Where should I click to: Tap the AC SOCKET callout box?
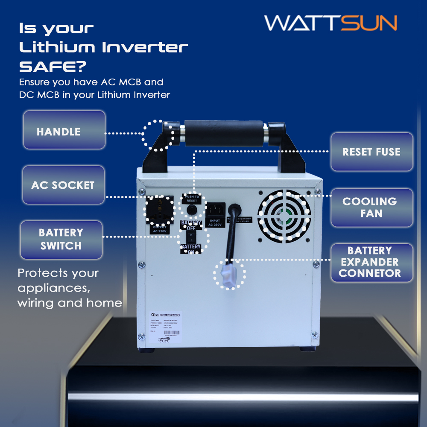[x=63, y=185]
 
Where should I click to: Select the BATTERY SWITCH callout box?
[x=61, y=240]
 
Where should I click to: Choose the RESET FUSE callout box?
[x=371, y=152]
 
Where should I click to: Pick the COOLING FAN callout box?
[x=371, y=208]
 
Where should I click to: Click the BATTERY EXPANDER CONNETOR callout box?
[x=371, y=262]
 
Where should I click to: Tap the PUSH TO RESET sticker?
[x=192, y=199]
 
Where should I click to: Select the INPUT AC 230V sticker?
[x=214, y=223]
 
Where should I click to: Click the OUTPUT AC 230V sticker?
[x=161, y=229]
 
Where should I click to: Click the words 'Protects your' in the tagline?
[x=58, y=273]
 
